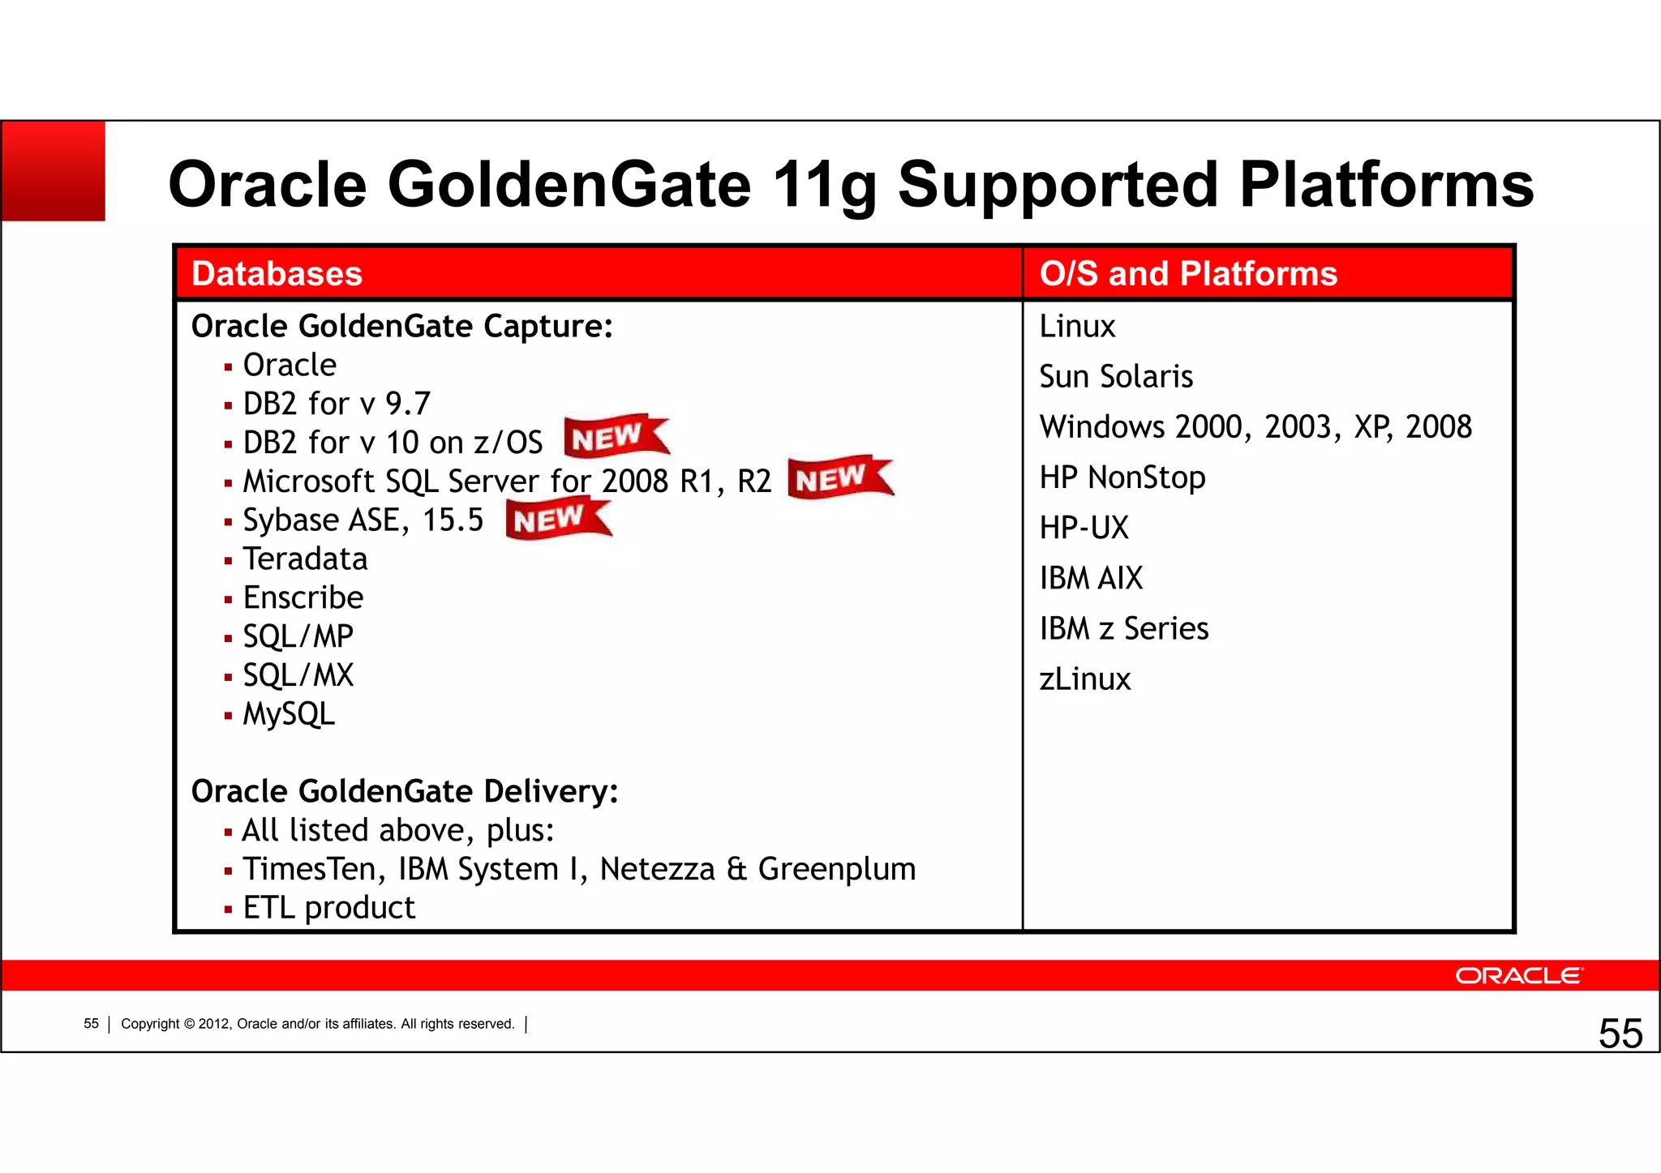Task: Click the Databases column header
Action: [x=277, y=274]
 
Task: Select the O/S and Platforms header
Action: [x=1188, y=274]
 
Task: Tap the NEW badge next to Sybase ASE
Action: [x=557, y=519]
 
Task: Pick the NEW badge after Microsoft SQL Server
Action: [x=839, y=477]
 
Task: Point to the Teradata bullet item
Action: [x=305, y=559]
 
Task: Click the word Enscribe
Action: [x=303, y=598]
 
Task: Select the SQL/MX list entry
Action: [x=298, y=675]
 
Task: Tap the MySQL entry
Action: [x=289, y=714]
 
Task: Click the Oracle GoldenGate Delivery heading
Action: [x=405, y=791]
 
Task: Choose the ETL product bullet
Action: [x=328, y=908]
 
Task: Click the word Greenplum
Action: [x=836, y=870]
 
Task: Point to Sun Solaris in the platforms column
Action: [x=1116, y=377]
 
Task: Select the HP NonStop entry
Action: [x=1122, y=477]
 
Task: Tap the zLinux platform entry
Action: [x=1085, y=679]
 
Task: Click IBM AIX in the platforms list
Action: [x=1091, y=579]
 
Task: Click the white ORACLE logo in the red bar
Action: [x=1518, y=975]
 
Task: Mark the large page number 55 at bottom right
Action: [x=1620, y=1034]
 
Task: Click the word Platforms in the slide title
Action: [x=1386, y=185]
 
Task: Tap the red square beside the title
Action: [x=54, y=171]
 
